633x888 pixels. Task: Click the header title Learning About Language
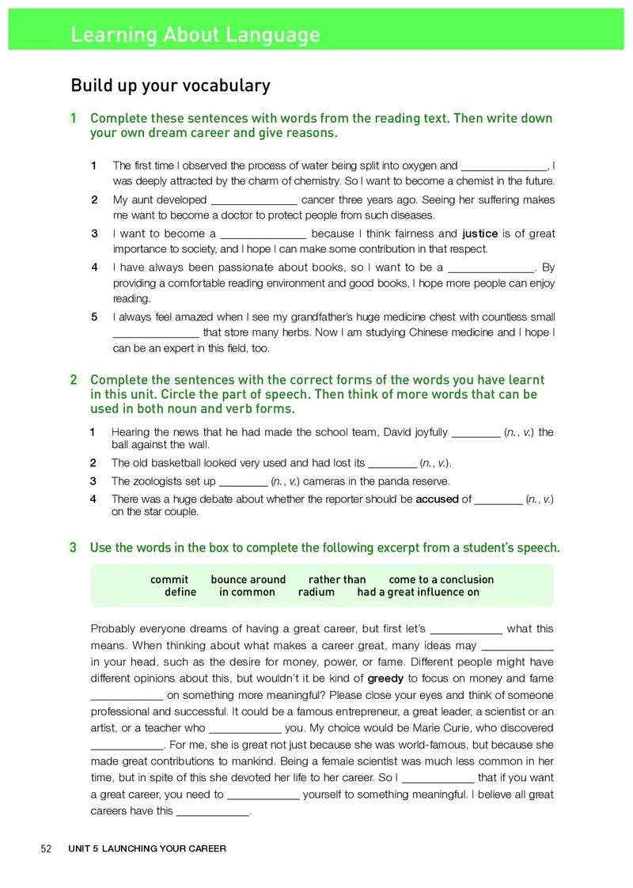tap(195, 35)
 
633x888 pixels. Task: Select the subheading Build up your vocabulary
tap(170, 85)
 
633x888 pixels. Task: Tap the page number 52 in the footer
tap(46, 848)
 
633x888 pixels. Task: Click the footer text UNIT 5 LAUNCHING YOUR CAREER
tap(147, 848)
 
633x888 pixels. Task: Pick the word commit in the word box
tap(169, 579)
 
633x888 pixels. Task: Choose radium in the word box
tap(316, 592)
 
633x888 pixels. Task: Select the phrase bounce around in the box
tap(248, 579)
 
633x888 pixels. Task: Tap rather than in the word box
tap(337, 579)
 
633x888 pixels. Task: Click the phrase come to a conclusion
tap(441, 579)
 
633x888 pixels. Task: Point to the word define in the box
tap(180, 592)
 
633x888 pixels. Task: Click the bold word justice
tap(479, 233)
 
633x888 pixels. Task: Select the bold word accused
tap(437, 499)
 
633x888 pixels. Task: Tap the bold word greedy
tap(386, 678)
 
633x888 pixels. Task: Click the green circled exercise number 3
tap(73, 547)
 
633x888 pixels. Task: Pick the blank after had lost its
tap(393, 464)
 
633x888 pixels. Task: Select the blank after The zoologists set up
tap(243, 482)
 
